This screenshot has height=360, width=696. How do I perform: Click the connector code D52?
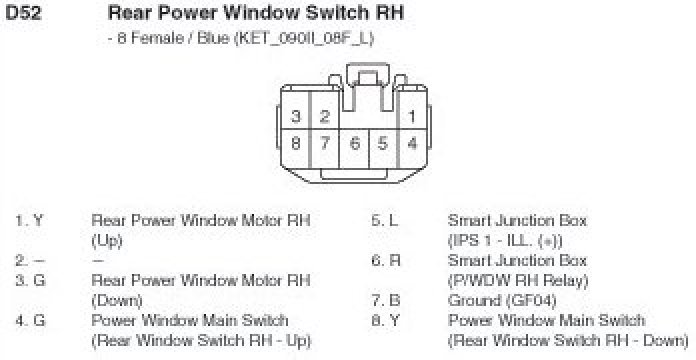point(24,13)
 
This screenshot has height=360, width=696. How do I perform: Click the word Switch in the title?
point(335,13)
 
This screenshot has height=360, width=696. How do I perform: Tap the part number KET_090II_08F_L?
point(305,38)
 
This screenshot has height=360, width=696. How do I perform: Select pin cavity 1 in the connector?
point(412,117)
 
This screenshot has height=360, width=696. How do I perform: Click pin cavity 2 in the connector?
point(325,117)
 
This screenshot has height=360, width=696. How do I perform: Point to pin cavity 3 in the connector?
point(296,117)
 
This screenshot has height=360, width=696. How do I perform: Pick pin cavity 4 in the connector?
point(412,144)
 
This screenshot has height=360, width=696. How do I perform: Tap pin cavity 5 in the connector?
point(383,144)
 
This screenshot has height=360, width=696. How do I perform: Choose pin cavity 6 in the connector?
point(355,144)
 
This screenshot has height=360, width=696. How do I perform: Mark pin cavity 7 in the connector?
point(325,144)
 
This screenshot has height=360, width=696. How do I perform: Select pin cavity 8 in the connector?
point(296,144)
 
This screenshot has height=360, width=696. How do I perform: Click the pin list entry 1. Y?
point(30,221)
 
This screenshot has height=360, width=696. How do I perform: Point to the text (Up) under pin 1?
point(107,241)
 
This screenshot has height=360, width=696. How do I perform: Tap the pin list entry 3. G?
point(30,281)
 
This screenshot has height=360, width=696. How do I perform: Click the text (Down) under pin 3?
point(117,301)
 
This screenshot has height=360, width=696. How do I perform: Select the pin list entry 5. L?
point(385,221)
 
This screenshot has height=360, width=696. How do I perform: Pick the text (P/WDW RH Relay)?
point(518,281)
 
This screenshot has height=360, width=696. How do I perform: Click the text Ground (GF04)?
point(502,301)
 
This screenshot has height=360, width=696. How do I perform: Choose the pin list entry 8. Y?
point(385,320)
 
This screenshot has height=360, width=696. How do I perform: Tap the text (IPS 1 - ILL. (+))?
point(505,241)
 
